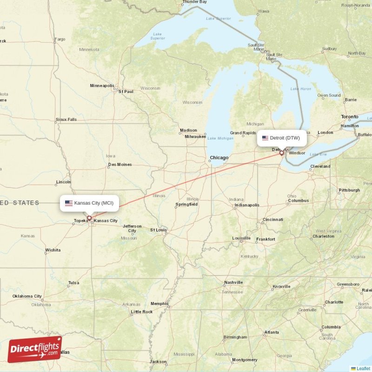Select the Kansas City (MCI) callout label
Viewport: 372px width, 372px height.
[x=89, y=203]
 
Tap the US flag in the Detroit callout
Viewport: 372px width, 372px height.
[x=266, y=138]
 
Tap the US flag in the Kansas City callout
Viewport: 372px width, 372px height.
[x=68, y=203]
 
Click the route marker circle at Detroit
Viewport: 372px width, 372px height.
[x=281, y=153]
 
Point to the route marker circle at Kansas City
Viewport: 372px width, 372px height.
[x=89, y=218]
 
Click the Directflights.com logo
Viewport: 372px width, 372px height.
[x=35, y=349]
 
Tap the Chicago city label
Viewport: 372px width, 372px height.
[x=219, y=158]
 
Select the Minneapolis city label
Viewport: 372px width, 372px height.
[x=102, y=86]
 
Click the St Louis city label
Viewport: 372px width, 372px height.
[x=158, y=230]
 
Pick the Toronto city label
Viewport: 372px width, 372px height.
[x=350, y=117]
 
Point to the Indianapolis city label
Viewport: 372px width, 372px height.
[x=246, y=205]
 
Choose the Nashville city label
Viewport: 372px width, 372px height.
[x=233, y=282]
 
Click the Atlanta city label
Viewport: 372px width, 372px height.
[x=272, y=332]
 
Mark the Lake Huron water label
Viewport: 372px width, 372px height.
[x=300, y=89]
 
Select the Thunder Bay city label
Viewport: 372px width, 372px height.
[x=194, y=2]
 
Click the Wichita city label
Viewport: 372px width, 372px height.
[x=53, y=250]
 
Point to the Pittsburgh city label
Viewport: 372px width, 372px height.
[x=349, y=190]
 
